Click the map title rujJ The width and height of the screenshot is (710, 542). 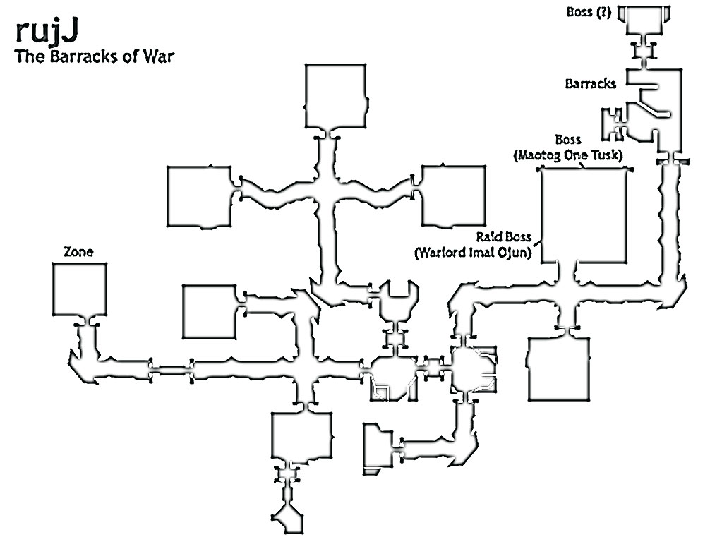click(47, 32)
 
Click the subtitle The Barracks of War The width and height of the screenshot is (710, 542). click(95, 56)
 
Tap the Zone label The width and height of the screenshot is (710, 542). click(78, 252)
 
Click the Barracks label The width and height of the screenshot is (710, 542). click(591, 84)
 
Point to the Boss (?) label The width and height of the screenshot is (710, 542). click(589, 12)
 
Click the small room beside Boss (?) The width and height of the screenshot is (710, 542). click(644, 20)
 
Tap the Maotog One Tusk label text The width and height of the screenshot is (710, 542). click(568, 155)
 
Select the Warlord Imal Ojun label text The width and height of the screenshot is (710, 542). click(473, 252)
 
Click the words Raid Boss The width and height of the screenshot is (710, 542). click(503, 237)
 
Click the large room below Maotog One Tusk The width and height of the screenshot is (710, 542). click(584, 215)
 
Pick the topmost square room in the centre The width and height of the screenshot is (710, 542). click(335, 96)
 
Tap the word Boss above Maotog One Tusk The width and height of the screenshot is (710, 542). click(568, 140)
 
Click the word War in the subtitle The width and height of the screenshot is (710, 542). click(159, 56)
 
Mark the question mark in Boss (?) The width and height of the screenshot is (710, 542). click(603, 12)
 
